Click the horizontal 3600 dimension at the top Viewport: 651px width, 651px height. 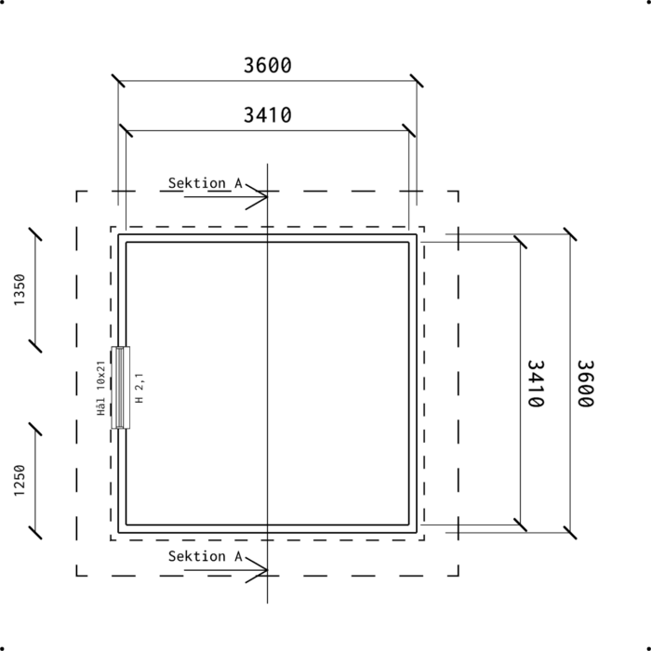268,66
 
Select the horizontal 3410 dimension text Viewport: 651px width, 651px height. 268,115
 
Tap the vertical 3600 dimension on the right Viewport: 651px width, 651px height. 585,383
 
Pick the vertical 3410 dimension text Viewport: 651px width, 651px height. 536,383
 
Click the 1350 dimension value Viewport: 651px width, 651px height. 20,290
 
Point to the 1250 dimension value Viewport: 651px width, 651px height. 20,481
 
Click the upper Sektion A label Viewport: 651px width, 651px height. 206,183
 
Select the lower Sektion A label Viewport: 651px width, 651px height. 206,556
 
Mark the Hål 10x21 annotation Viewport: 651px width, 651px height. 100,388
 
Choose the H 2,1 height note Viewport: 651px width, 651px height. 139,388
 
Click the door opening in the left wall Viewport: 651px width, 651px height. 120,388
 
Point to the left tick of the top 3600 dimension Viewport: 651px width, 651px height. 118,81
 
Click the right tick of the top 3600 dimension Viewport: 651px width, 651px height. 417,81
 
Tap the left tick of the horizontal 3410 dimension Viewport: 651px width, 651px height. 126,130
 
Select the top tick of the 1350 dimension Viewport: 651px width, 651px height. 35,234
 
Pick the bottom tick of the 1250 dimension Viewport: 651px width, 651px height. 35,533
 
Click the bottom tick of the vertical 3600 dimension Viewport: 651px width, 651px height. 570,533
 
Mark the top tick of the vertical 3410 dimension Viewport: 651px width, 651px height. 520,242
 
